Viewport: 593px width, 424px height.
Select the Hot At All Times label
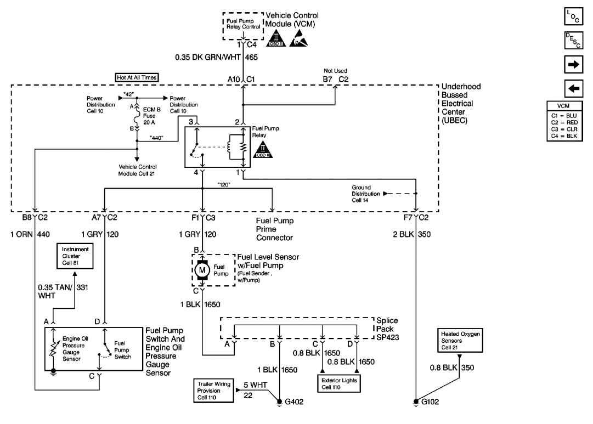coord(137,77)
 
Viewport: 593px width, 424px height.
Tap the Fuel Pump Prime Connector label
coord(275,229)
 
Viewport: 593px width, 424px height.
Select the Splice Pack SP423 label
coord(387,329)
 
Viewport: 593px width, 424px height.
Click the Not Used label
coord(335,71)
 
